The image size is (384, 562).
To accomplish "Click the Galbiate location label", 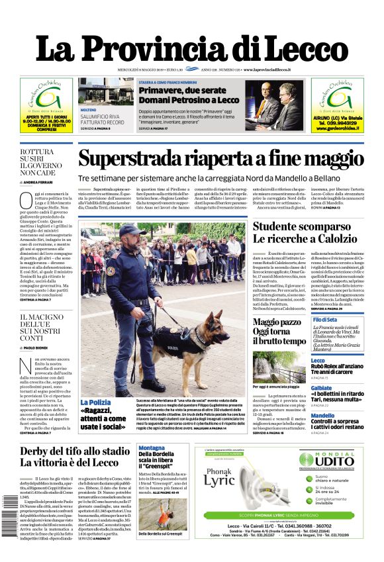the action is [322, 388].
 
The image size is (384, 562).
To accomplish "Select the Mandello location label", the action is [323, 416].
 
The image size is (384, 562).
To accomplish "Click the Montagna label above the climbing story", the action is [152, 448].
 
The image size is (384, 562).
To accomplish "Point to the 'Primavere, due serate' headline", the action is [189, 94].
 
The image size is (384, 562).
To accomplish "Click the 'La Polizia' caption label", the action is [95, 402].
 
